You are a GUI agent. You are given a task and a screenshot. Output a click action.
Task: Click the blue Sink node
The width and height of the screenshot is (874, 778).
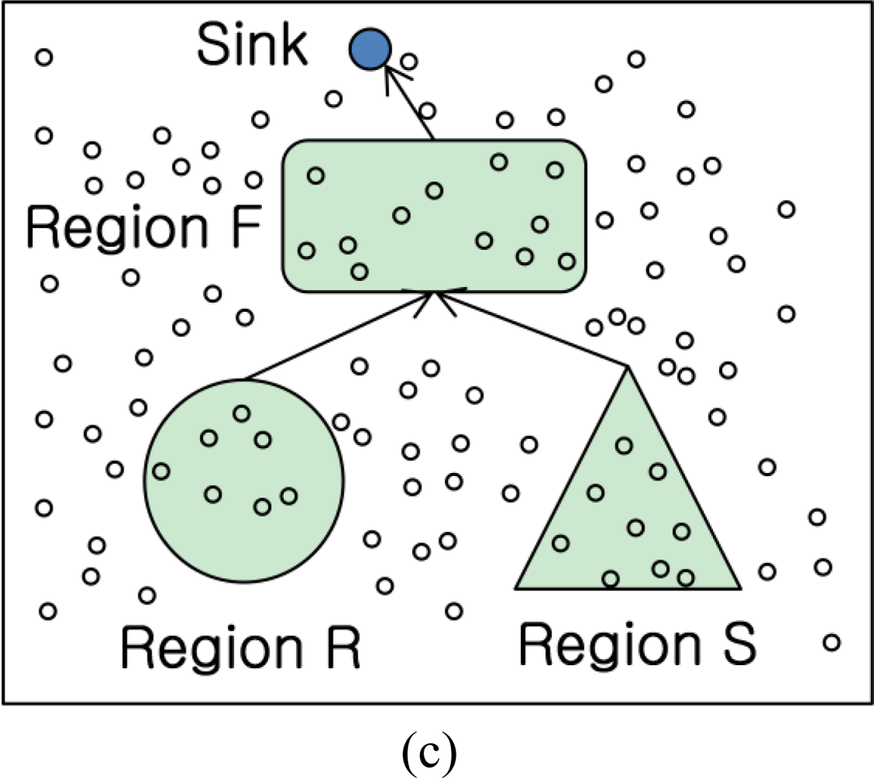pos(369,48)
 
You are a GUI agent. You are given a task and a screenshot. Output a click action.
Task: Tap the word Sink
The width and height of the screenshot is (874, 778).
pos(252,47)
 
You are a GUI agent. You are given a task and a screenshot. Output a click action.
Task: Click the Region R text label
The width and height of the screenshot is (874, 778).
pos(240,647)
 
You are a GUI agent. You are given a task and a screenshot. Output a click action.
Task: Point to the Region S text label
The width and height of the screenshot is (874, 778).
pos(637,643)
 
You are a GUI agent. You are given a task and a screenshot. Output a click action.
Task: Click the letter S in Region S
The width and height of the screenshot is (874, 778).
pos(734,643)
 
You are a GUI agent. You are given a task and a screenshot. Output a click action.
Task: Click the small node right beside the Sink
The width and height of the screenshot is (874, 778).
pos(409,61)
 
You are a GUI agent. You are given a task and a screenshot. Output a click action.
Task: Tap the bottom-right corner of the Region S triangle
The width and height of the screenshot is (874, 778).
pos(737,586)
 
